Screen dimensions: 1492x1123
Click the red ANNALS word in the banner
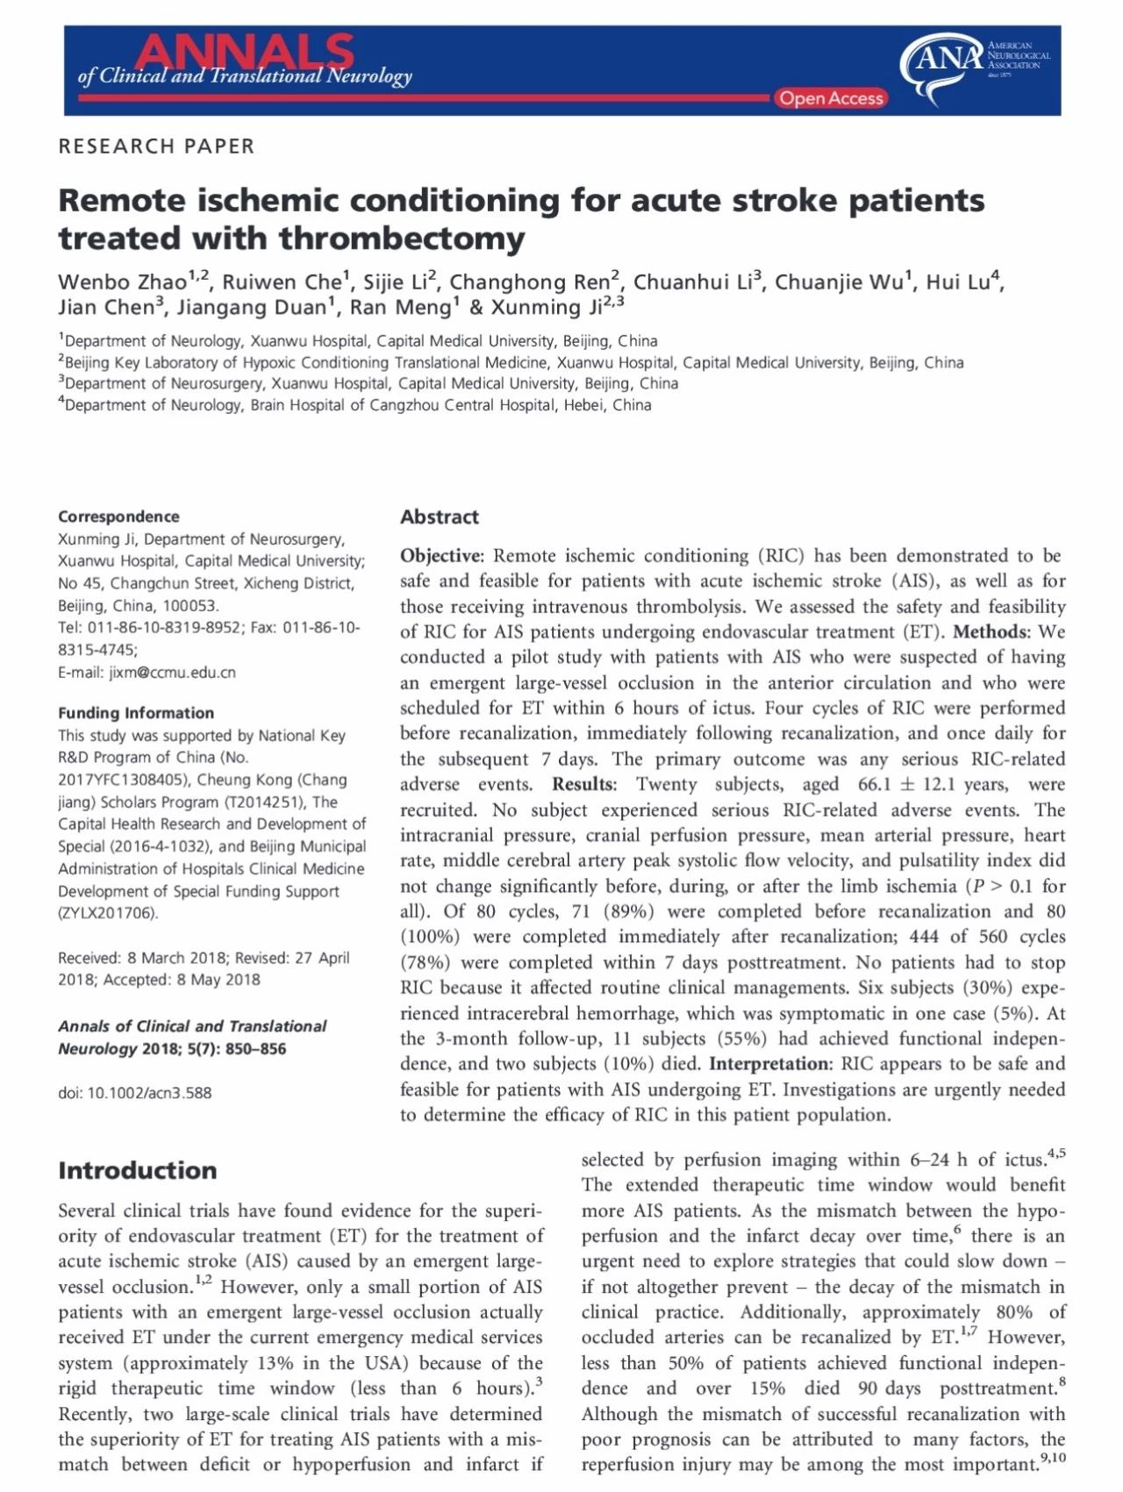[x=244, y=52]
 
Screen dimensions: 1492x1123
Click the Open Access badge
[x=830, y=98]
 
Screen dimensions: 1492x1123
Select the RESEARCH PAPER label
[x=156, y=146]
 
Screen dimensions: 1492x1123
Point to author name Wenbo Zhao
[x=123, y=282]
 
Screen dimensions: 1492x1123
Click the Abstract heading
[x=440, y=518]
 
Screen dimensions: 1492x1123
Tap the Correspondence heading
[x=118, y=517]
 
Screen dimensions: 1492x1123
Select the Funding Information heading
[x=136, y=713]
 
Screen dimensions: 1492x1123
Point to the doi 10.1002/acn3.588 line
[x=135, y=1093]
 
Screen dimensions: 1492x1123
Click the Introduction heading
[x=137, y=1171]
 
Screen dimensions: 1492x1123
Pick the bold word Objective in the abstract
[x=440, y=556]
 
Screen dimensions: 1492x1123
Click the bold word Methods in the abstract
[x=989, y=632]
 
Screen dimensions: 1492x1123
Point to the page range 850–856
[x=255, y=1049]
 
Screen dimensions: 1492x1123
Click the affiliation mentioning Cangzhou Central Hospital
[x=354, y=405]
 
